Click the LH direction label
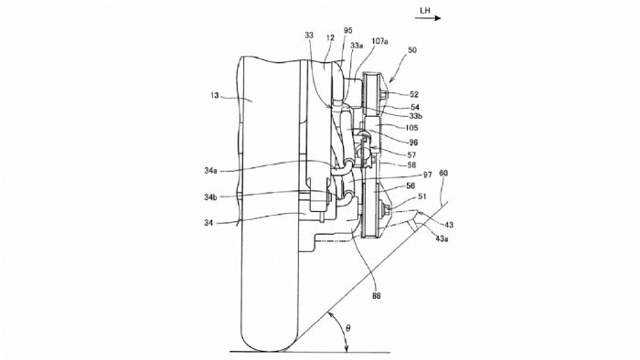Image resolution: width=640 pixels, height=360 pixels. [425, 10]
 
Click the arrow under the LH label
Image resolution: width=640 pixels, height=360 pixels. [430, 18]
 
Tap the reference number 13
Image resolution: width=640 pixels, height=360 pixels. [215, 95]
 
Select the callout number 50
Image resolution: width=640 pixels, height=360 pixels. [412, 50]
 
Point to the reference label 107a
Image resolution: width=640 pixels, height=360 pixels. [379, 41]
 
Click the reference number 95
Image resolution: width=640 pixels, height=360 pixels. [347, 30]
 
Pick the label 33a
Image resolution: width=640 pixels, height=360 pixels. [357, 46]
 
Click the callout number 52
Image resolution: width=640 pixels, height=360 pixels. [414, 95]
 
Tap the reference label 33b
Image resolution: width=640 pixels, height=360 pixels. [415, 116]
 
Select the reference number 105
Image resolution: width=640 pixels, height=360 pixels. [411, 128]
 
